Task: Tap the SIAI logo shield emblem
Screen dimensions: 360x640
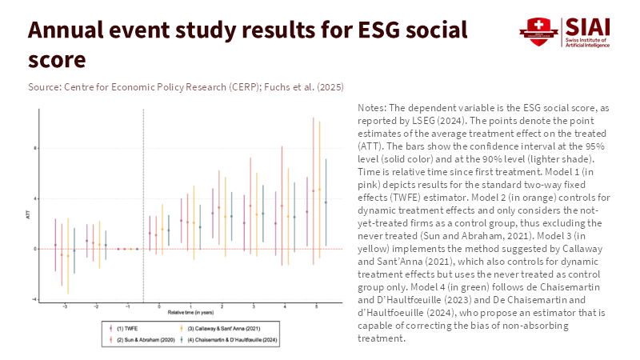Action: (538, 30)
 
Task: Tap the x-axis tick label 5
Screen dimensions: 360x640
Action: (317, 306)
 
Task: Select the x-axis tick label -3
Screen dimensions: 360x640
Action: (65, 306)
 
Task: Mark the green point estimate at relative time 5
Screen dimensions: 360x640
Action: (326, 202)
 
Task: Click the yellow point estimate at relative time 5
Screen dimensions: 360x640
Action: (319, 190)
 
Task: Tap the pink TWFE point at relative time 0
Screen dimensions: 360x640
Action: (150, 234)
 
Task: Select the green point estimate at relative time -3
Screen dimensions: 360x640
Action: (74, 250)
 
